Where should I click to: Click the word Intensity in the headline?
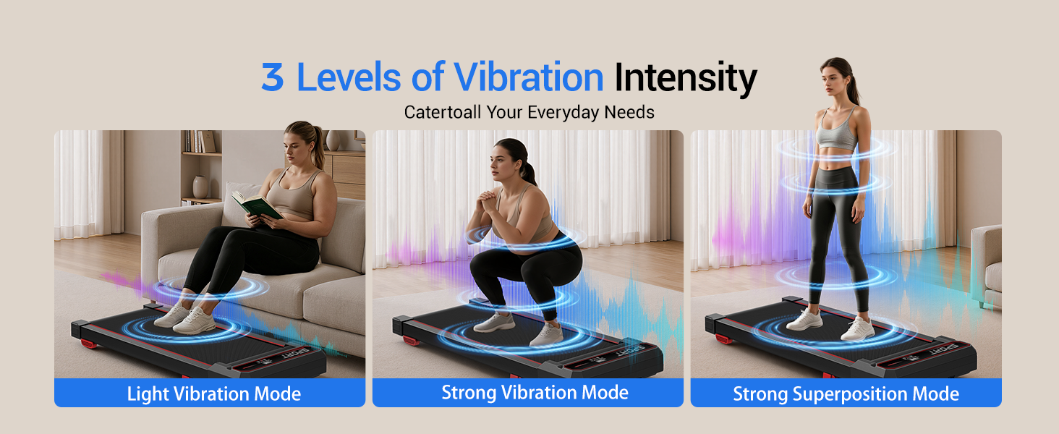click(686, 78)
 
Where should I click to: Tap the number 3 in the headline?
click(272, 77)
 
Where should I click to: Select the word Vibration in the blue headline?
click(529, 77)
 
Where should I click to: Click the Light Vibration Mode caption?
click(213, 393)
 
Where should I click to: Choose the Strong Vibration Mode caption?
click(535, 392)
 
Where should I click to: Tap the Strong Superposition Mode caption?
click(846, 393)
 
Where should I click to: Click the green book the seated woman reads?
click(257, 205)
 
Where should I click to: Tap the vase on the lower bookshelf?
click(200, 187)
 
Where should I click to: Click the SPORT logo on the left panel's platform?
click(295, 353)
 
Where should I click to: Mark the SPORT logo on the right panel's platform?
click(944, 351)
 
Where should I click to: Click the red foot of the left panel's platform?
click(88, 344)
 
